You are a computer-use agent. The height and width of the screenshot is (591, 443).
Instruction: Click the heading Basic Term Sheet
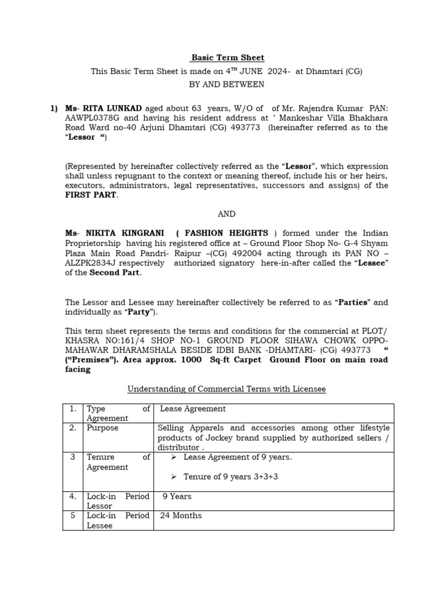pyautogui.click(x=227, y=58)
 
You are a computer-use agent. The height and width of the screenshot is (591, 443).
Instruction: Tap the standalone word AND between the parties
pyautogui.click(x=227, y=214)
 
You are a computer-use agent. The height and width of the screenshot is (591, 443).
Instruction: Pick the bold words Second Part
pyautogui.click(x=114, y=272)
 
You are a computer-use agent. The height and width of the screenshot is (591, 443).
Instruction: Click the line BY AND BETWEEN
pyautogui.click(x=227, y=84)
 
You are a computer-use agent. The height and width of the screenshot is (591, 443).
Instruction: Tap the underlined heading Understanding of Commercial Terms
pyautogui.click(x=226, y=390)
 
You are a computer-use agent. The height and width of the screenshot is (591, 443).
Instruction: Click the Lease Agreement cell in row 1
pyautogui.click(x=193, y=409)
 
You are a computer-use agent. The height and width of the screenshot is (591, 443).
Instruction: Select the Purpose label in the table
pyautogui.click(x=102, y=428)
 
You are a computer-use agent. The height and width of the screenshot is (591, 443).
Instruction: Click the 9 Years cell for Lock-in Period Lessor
pyautogui.click(x=177, y=496)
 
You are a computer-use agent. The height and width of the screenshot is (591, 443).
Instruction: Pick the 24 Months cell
pyautogui.click(x=181, y=515)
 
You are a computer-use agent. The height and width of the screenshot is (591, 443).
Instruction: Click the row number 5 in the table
pyautogui.click(x=73, y=515)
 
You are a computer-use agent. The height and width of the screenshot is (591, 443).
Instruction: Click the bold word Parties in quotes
pyautogui.click(x=353, y=302)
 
